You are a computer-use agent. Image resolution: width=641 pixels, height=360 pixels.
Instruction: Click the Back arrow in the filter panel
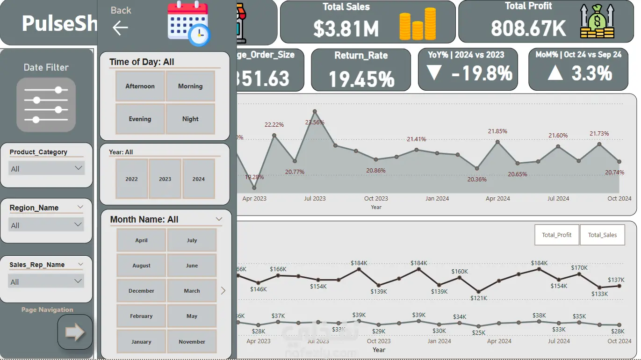tap(120, 28)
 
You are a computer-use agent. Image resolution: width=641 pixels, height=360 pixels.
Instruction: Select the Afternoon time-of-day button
tap(140, 86)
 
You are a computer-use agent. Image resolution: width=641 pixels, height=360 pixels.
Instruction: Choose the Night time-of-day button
tap(190, 119)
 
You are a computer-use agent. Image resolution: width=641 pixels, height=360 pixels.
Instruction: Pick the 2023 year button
tap(165, 179)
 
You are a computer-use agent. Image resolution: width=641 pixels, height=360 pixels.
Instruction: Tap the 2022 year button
tap(132, 179)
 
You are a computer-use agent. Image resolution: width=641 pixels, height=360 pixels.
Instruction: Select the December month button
tap(141, 291)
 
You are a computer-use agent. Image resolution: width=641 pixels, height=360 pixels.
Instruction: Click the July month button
tap(192, 240)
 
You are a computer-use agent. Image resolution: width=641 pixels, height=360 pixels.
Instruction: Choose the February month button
tap(141, 316)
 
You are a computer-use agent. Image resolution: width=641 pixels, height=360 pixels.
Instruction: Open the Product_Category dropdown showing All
tap(46, 168)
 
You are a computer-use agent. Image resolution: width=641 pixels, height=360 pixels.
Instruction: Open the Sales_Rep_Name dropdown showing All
tap(46, 281)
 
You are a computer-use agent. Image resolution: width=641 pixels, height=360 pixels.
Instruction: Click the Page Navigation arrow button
tap(75, 332)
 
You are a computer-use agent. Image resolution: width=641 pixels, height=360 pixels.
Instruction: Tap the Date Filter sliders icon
tap(46, 105)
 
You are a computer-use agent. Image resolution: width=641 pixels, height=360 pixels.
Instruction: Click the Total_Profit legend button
tap(556, 235)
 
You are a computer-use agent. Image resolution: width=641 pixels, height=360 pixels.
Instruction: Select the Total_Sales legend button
tap(602, 235)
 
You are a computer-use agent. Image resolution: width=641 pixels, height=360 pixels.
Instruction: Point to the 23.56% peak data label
tap(315, 122)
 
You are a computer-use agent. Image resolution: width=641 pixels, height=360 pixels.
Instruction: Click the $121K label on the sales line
tap(479, 298)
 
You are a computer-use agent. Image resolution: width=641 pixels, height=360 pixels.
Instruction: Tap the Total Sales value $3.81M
tap(346, 29)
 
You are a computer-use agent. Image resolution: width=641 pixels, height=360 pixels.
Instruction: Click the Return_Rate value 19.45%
tap(361, 79)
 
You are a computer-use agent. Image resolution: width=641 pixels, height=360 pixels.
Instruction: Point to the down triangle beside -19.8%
tap(434, 73)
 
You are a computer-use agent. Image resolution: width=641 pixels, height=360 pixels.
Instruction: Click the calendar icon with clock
tap(188, 23)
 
